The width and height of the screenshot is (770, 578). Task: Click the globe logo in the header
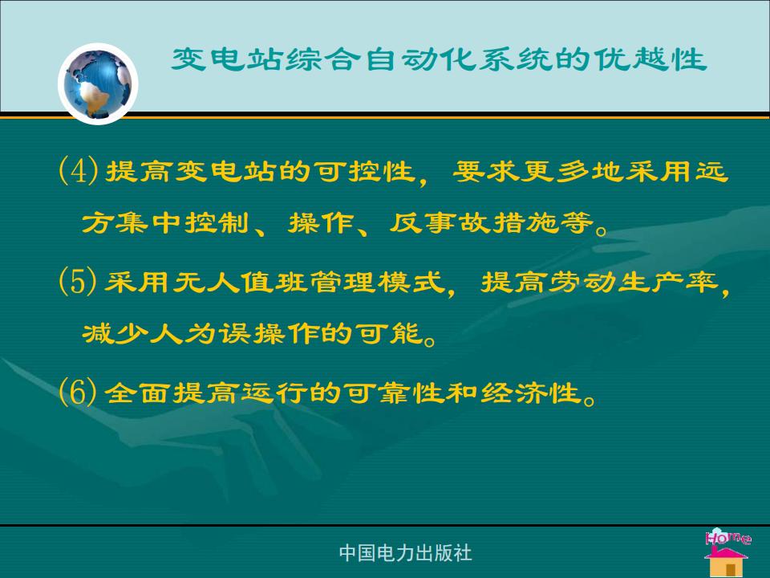pos(98,83)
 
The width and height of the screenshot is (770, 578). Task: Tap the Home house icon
pos(727,552)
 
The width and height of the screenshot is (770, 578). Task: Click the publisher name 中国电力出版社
pos(405,553)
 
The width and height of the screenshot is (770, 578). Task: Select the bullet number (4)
pos(78,171)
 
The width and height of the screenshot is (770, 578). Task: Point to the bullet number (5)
pos(78,282)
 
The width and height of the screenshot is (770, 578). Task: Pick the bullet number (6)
pos(78,393)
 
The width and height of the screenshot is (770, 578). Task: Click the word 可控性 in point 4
pos(364,172)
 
